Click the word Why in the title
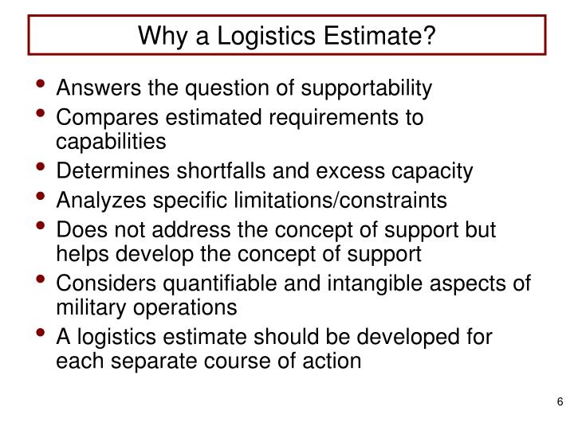point(158,35)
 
